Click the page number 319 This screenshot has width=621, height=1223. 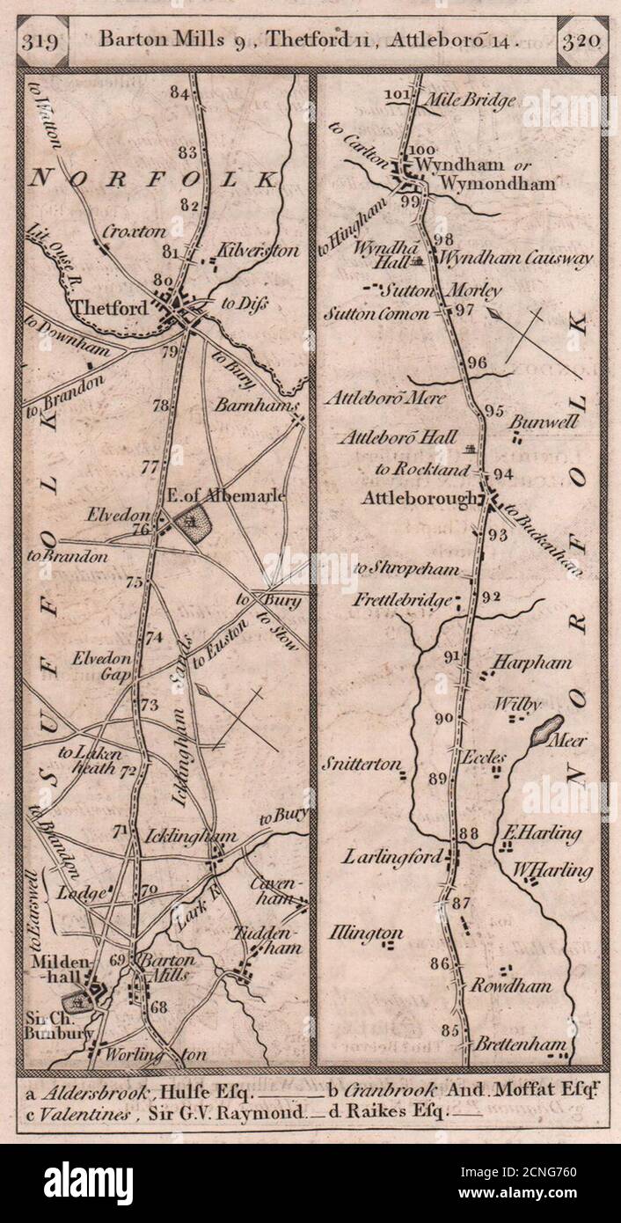click(x=41, y=40)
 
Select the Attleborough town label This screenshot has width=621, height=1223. click(x=420, y=498)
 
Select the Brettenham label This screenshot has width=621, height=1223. click(x=520, y=1044)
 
